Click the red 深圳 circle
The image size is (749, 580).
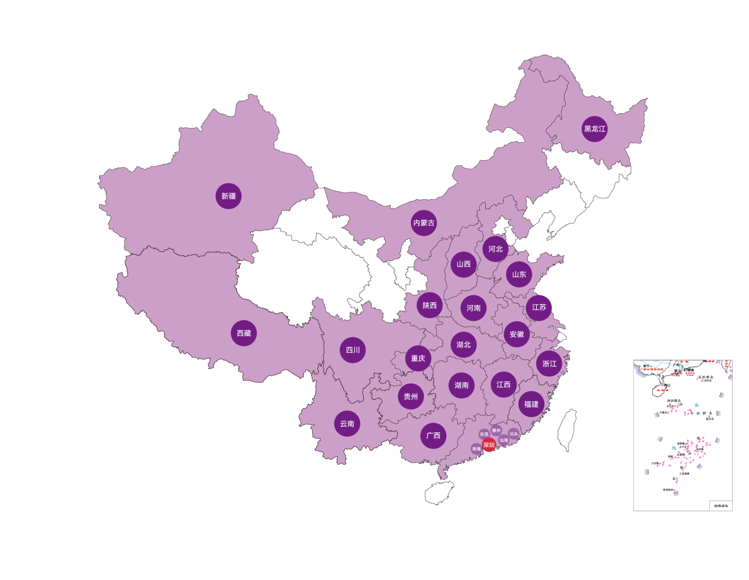coord(489,445)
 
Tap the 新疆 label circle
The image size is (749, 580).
coord(229,196)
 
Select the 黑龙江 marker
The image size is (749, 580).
coord(595,129)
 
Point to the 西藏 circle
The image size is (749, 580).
coord(244,333)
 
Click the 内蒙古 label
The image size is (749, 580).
coord(424,223)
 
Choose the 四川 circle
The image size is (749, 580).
coord(353,350)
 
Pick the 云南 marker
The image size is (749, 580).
coord(347,424)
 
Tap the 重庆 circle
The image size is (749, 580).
coord(418,358)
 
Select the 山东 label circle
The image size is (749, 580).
coord(519,274)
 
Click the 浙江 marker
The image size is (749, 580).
coord(549,364)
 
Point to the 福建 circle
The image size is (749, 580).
coord(531,404)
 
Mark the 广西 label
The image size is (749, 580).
coord(433,436)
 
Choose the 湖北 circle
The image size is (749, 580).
coord(463,345)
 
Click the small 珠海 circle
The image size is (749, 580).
coord(476,449)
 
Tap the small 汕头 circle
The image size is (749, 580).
coord(513,433)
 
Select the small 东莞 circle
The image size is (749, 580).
coord(484,435)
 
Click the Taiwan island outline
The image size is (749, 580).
coord(567,430)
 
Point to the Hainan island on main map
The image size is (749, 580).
coord(439,493)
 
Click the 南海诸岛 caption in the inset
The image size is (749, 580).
coord(721,506)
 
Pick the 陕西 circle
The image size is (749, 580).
coord(429,306)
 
